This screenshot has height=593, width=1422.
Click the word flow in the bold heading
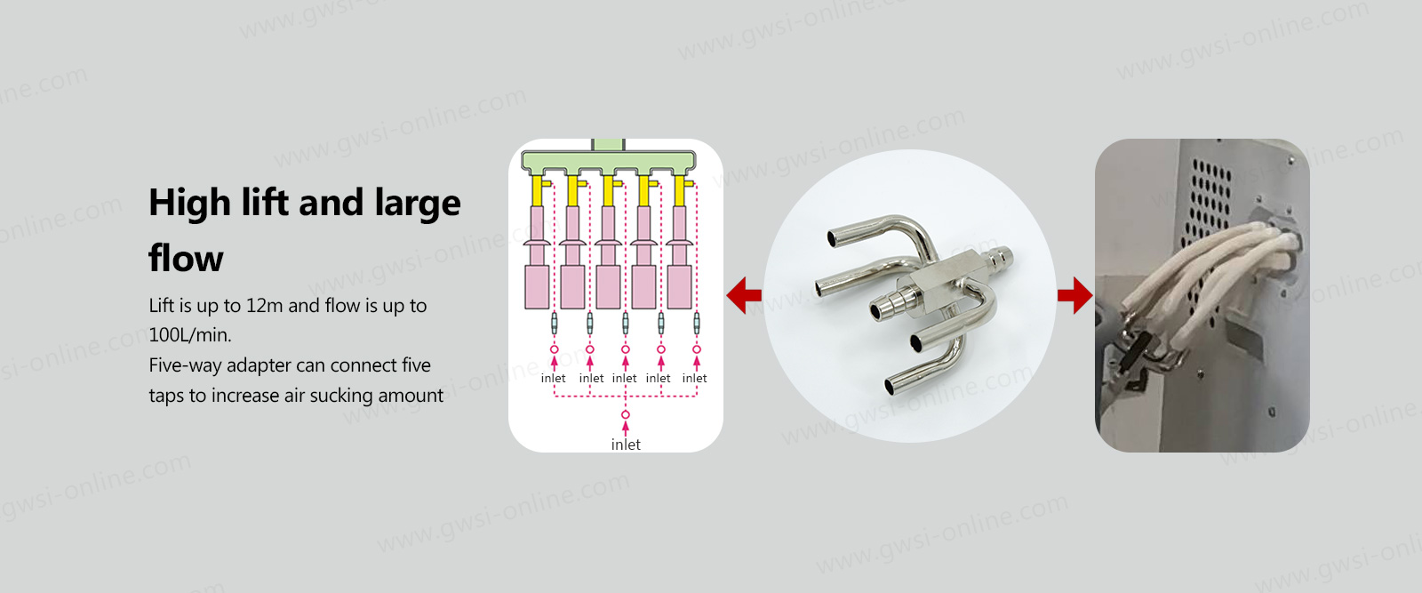[186, 259]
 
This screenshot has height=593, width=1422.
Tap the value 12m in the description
[264, 305]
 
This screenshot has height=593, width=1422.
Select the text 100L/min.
[190, 334]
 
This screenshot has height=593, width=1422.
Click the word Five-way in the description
[186, 365]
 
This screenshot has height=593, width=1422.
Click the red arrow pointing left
[744, 294]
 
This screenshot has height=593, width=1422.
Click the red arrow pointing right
[1074, 294]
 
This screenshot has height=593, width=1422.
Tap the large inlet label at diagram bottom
[626, 445]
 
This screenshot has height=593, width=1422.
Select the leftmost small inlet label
[553, 379]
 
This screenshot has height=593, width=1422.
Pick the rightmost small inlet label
[694, 379]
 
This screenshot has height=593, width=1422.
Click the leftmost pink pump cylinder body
[537, 287]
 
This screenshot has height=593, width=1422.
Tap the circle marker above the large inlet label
[626, 414]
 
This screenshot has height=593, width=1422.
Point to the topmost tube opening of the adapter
[833, 238]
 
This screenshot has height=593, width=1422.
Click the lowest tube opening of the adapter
[892, 385]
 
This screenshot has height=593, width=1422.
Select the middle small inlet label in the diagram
[624, 379]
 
